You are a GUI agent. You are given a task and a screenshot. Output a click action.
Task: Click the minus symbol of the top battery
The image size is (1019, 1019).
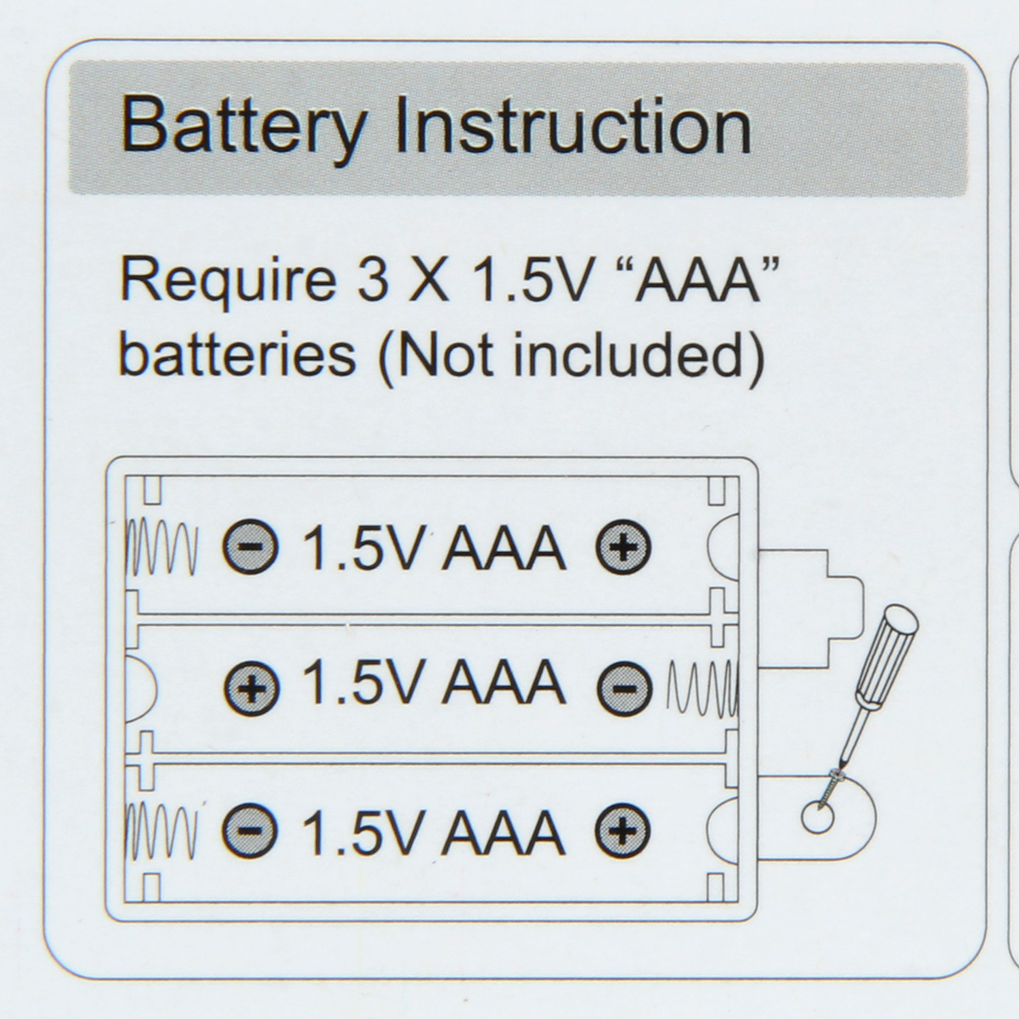coord(250,548)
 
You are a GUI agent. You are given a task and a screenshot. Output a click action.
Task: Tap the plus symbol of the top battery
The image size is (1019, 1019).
coord(622,548)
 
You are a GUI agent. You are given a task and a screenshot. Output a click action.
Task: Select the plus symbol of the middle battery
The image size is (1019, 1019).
coord(251,687)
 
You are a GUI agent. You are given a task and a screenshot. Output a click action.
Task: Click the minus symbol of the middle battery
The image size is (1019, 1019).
coord(624,687)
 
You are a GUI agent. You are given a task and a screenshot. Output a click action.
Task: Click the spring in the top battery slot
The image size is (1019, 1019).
coord(162,548)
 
